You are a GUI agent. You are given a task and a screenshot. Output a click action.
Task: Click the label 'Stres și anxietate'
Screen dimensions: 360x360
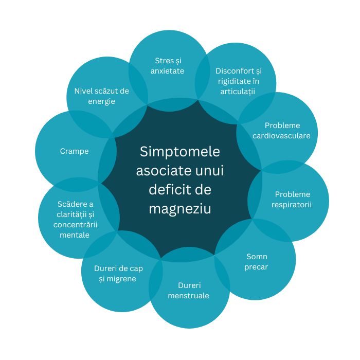point(168,65)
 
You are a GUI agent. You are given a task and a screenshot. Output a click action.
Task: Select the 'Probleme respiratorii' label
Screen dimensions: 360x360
point(292,200)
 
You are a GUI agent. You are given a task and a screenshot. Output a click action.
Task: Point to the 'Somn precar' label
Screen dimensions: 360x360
point(257,262)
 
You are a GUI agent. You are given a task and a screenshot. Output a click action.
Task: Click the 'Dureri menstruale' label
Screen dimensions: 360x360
point(189,291)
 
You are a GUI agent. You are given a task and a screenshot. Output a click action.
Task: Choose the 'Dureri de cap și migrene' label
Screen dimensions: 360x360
point(118,274)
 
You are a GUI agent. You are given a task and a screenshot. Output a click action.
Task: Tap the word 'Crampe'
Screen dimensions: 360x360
point(74,151)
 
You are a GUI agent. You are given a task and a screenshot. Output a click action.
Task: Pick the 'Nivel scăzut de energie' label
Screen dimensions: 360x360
point(101,96)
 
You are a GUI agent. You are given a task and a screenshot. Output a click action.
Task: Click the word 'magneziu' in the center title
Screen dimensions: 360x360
point(180,209)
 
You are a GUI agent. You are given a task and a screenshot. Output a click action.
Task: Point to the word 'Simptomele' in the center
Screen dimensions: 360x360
point(180,152)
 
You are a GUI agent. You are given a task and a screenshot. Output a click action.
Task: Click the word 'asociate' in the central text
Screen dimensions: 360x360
point(159,171)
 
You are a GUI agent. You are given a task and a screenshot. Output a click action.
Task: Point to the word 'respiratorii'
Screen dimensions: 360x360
point(292,205)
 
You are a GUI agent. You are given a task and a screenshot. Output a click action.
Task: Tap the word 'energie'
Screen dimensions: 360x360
point(101,101)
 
